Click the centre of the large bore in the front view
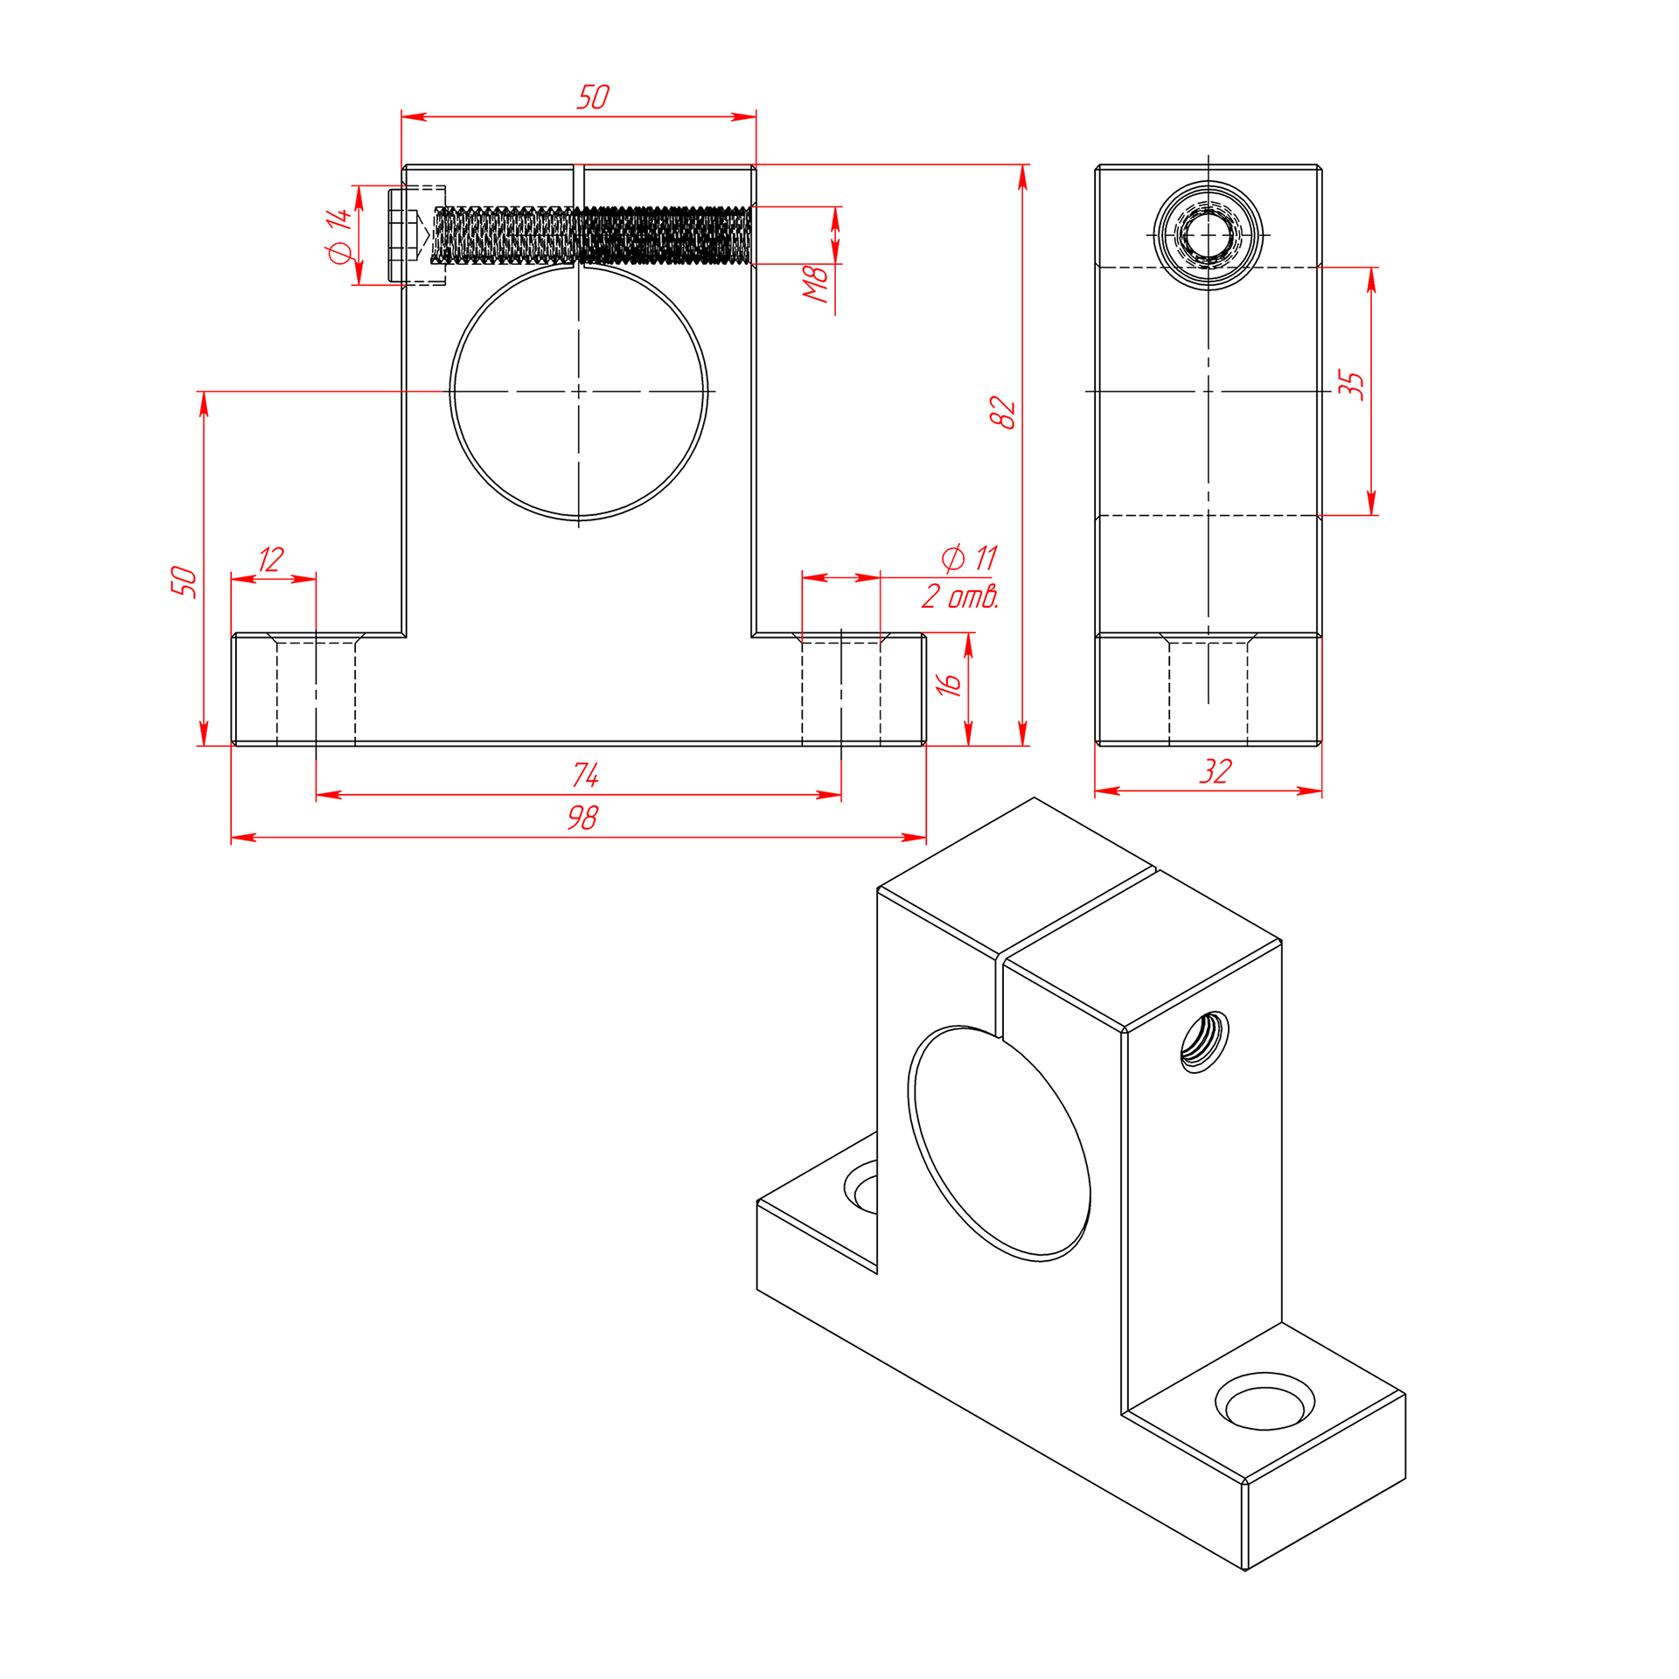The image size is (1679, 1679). (578, 392)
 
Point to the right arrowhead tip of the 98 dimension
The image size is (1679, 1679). (926, 838)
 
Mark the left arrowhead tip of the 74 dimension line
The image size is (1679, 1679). (316, 795)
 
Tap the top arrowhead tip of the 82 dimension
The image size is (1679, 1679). (1022, 164)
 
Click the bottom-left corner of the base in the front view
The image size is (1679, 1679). (232, 745)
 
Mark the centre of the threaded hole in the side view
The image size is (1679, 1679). (1208, 235)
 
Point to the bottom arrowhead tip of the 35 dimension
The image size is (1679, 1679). (1371, 515)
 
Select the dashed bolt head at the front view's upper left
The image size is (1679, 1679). (417, 235)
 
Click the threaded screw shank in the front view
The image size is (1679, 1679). (592, 235)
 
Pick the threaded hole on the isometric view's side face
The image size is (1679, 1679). (1204, 1042)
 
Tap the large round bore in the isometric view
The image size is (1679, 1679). (1000, 1143)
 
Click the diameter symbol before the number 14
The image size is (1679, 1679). (338, 253)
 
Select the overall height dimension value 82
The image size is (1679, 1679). (1003, 413)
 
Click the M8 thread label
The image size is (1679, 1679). (816, 285)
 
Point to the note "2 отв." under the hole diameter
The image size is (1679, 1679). (959, 596)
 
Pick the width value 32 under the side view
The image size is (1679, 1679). (1216, 771)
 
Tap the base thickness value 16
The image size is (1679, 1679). (949, 684)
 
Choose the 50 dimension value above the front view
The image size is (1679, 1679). (593, 96)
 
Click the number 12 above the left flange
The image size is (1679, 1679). (271, 559)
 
